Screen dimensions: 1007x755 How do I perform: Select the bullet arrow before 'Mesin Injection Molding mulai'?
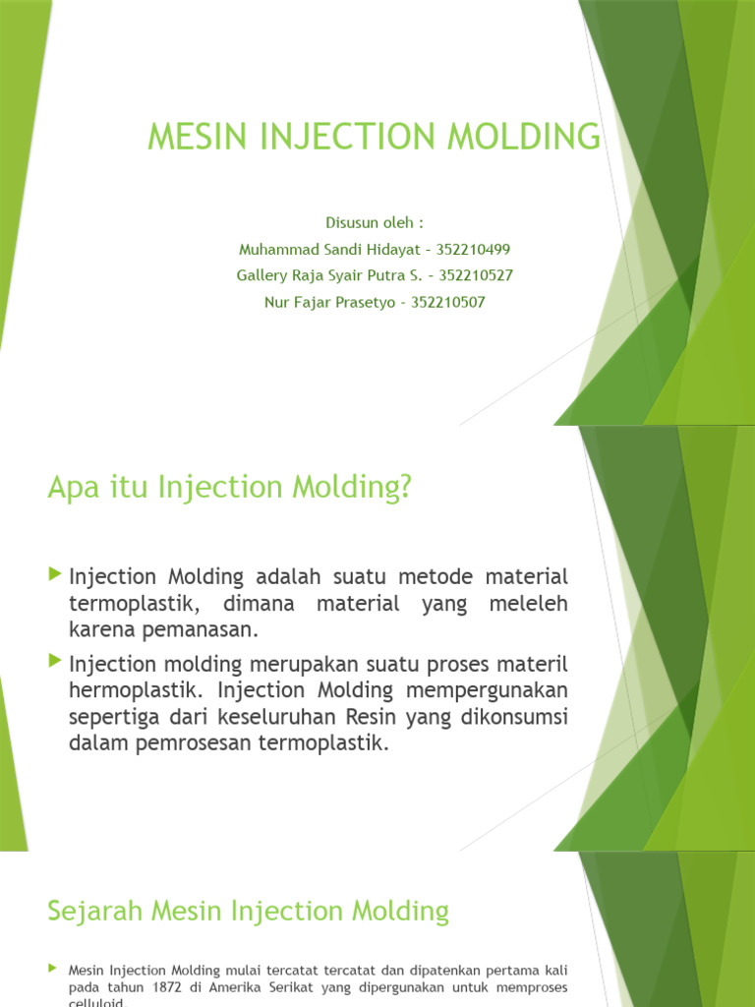pos(53,969)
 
